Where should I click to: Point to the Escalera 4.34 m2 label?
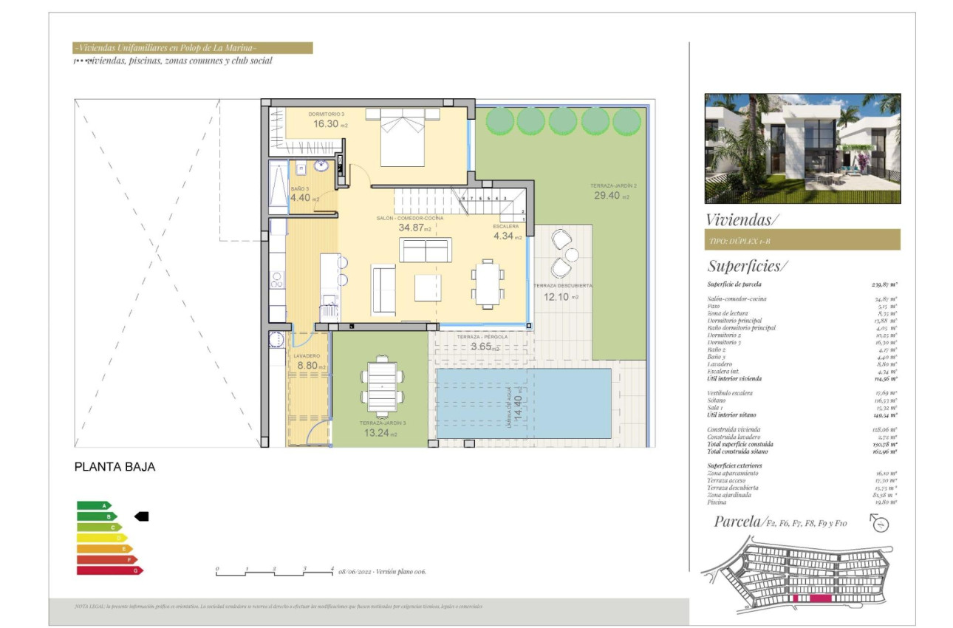point(507,236)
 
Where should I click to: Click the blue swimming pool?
point(524,403)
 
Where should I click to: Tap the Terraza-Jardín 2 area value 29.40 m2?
point(612,196)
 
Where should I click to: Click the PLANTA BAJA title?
point(115,467)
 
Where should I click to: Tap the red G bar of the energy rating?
point(109,570)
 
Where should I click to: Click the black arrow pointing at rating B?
point(141,516)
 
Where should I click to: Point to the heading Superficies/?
point(748,266)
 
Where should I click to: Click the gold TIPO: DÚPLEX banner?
point(802,239)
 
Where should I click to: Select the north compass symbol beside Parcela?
point(879,524)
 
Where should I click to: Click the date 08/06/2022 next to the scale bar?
point(355,572)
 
